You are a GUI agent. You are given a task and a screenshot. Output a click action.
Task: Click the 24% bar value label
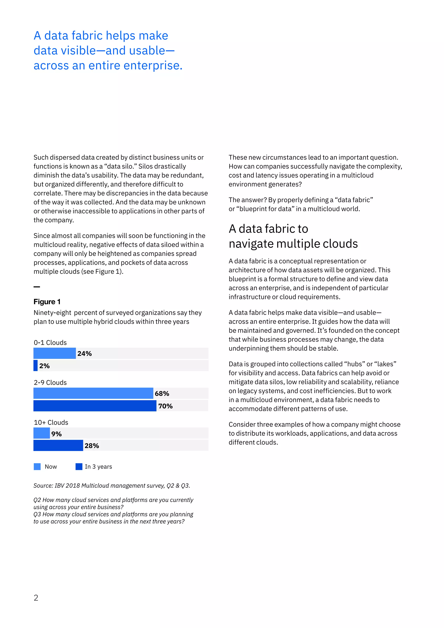pyautogui.click(x=85, y=353)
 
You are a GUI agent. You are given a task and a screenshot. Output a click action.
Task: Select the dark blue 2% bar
pyautogui.click(x=36, y=365)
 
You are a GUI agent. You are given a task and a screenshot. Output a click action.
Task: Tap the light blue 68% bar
pyautogui.click(x=93, y=393)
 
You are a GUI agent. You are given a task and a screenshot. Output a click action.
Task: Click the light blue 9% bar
pyautogui.click(x=42, y=433)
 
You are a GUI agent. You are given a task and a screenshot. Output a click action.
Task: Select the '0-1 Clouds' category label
pyautogui.click(x=50, y=342)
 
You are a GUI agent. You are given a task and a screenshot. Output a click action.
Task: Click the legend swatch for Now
pyautogui.click(x=37, y=467)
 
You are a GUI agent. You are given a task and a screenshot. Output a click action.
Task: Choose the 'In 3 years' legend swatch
pyautogui.click(x=79, y=467)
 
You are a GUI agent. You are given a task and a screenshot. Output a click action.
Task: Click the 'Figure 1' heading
pyautogui.click(x=47, y=301)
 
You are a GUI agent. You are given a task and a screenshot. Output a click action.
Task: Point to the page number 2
pyautogui.click(x=36, y=598)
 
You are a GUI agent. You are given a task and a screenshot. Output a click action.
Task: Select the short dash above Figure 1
pyautogui.click(x=37, y=287)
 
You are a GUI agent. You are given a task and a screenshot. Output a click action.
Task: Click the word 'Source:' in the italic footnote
pyautogui.click(x=43, y=486)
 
